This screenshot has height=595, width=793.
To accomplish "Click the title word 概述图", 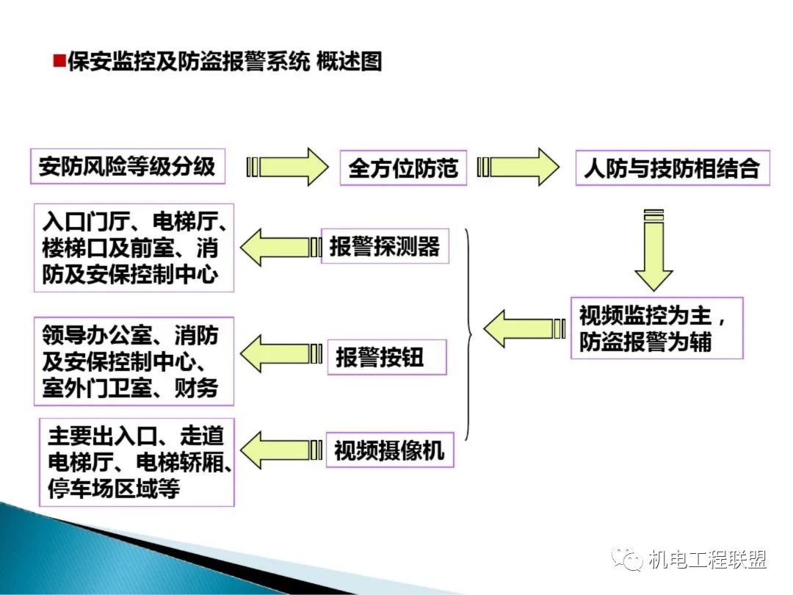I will [350, 61].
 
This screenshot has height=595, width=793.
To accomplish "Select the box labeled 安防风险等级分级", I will [128, 166].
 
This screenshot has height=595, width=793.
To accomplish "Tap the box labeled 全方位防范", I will [403, 167].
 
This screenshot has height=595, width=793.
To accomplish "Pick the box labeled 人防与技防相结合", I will [671, 167].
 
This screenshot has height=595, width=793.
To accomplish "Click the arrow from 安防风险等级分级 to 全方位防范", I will [289, 167].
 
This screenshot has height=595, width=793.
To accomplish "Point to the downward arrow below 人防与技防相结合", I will [653, 250].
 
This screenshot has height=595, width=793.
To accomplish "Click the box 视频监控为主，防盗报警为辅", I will [656, 328].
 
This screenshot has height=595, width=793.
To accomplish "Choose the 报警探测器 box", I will [385, 246].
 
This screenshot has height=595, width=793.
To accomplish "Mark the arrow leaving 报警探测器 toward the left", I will [282, 247].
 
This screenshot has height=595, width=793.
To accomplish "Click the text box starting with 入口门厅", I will [134, 248].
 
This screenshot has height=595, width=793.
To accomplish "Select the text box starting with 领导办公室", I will [134, 361].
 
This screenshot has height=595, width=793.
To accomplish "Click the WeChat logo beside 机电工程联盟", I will [630, 560].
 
